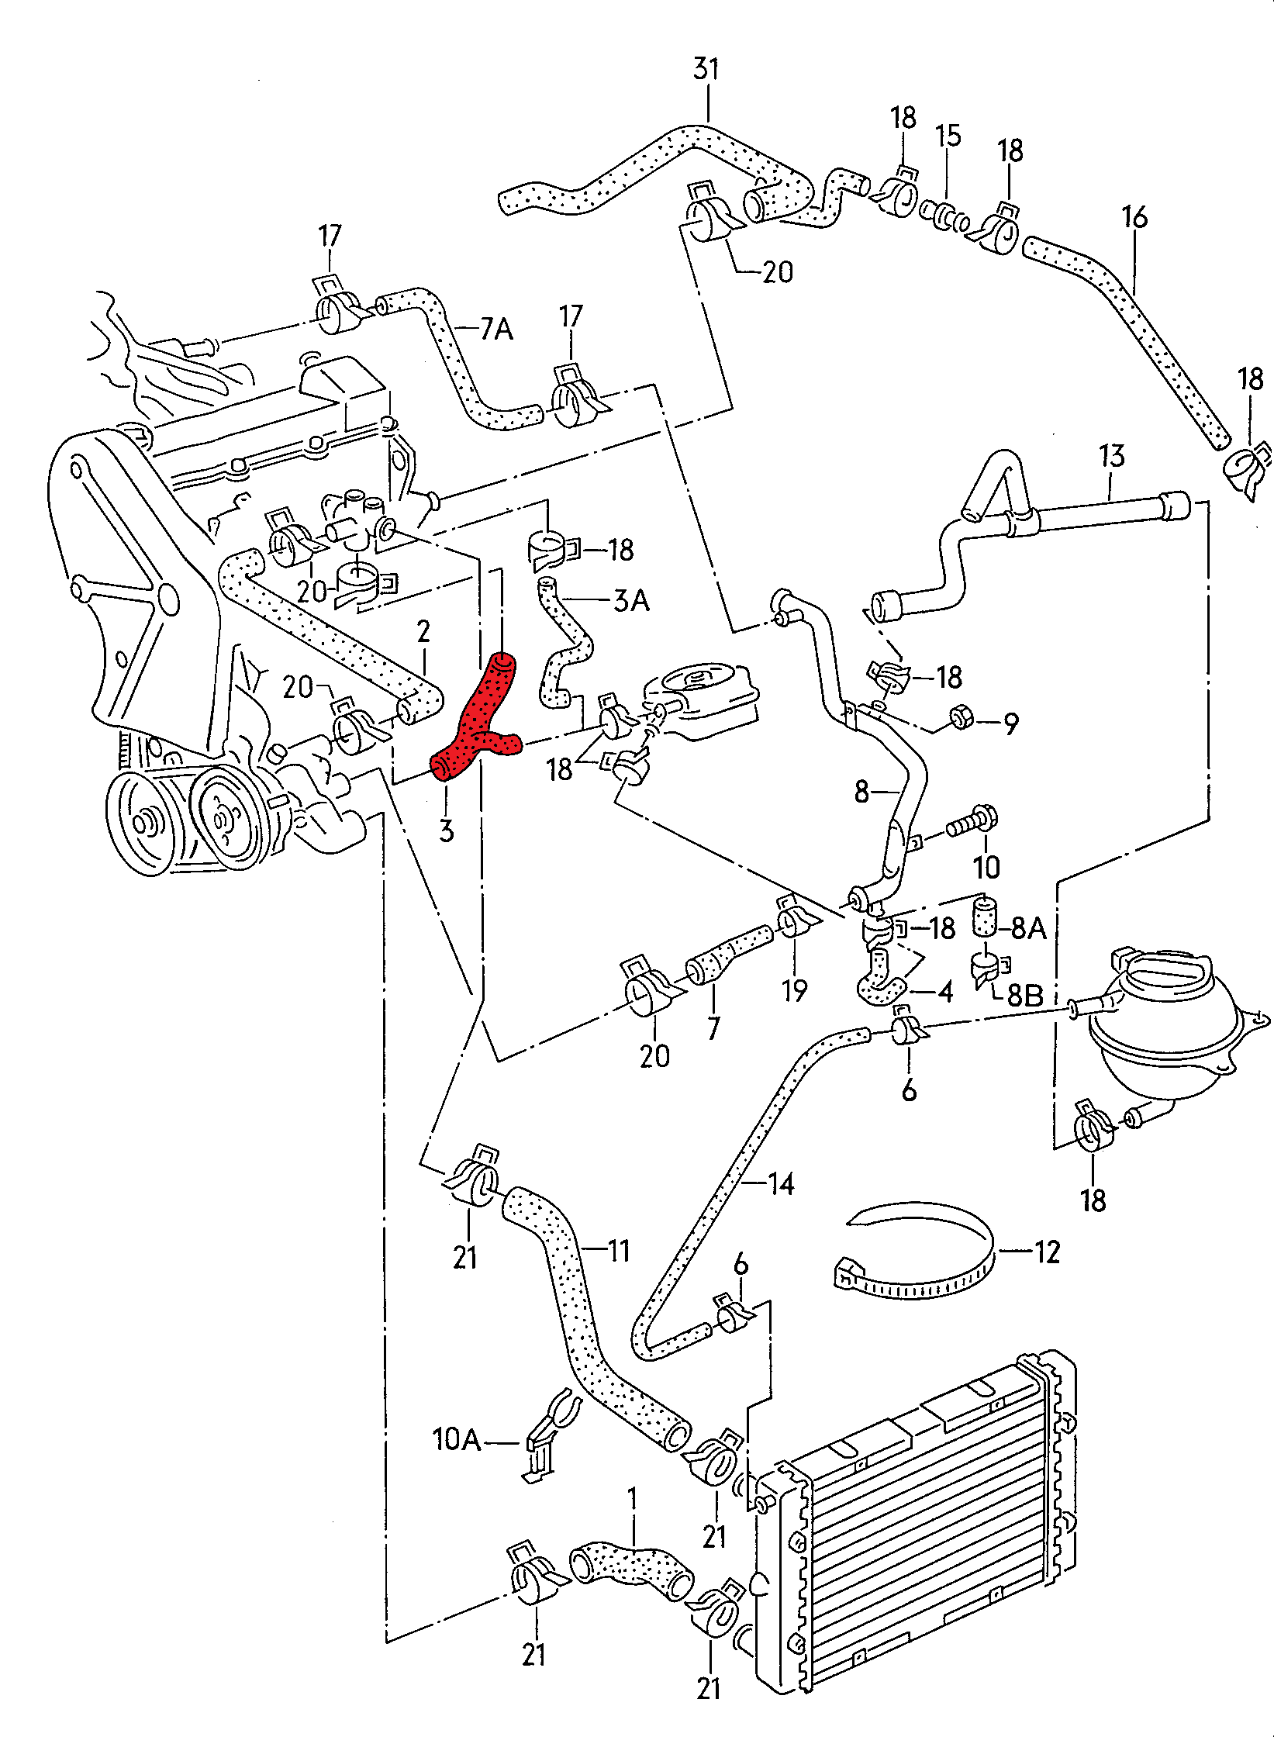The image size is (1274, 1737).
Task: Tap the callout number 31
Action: pos(706,69)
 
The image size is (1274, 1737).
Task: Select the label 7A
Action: pos(496,329)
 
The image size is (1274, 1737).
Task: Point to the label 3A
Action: pos(631,600)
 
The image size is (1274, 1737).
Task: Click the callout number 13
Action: pos(1111,455)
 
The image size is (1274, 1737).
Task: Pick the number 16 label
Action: pos(1134,216)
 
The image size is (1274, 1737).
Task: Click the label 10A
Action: pos(457,1439)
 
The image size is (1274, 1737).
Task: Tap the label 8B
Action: pos(1025,995)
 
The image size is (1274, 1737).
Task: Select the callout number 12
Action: pos(1047,1252)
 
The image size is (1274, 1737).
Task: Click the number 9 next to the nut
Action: pos(1010,724)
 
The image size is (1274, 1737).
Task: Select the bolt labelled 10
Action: pos(971,823)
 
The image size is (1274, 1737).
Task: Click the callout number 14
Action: pos(781,1183)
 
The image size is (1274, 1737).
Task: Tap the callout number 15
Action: pos(948,135)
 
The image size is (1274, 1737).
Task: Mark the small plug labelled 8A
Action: pos(985,916)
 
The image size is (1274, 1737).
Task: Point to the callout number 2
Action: pos(423,631)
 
